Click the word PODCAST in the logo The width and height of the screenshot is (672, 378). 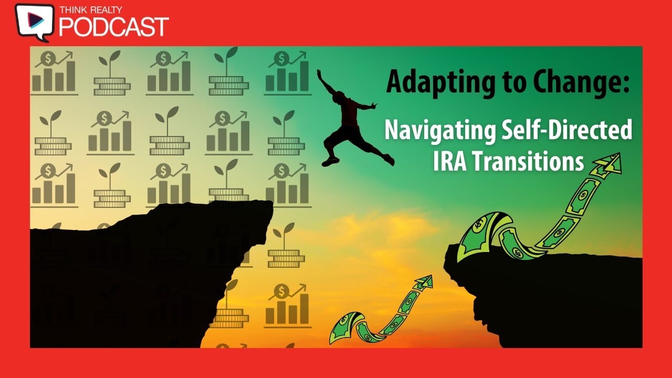pos(113,26)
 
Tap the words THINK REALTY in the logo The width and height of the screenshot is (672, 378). pos(91,9)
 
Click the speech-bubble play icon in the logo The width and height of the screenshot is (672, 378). pos(35,21)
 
